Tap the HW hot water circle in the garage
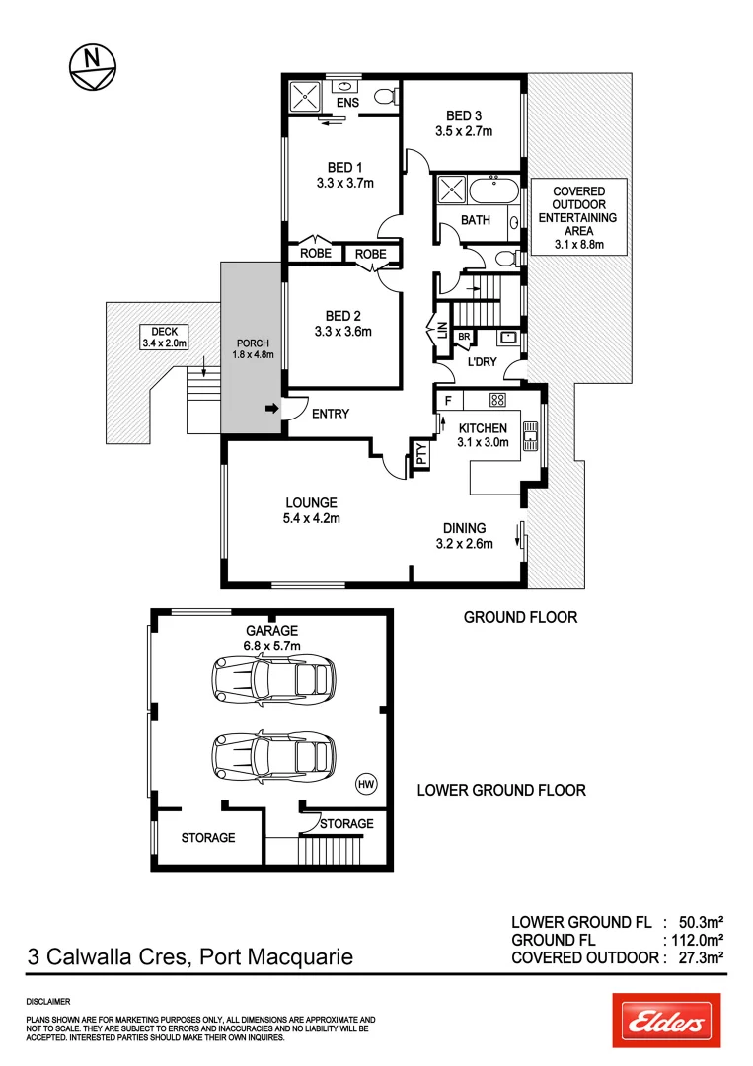click(365, 784)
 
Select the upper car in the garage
click(271, 678)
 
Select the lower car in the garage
click(271, 756)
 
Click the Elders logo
click(666, 1021)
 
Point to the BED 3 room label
click(464, 123)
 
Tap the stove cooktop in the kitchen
click(497, 400)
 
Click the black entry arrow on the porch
click(271, 408)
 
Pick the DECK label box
click(164, 337)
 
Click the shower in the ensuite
click(304, 97)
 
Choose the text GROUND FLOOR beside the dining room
click(520, 617)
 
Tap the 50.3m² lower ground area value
click(702, 921)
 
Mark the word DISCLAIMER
click(47, 1001)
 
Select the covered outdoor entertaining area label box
click(578, 217)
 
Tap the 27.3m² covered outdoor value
click(702, 956)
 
